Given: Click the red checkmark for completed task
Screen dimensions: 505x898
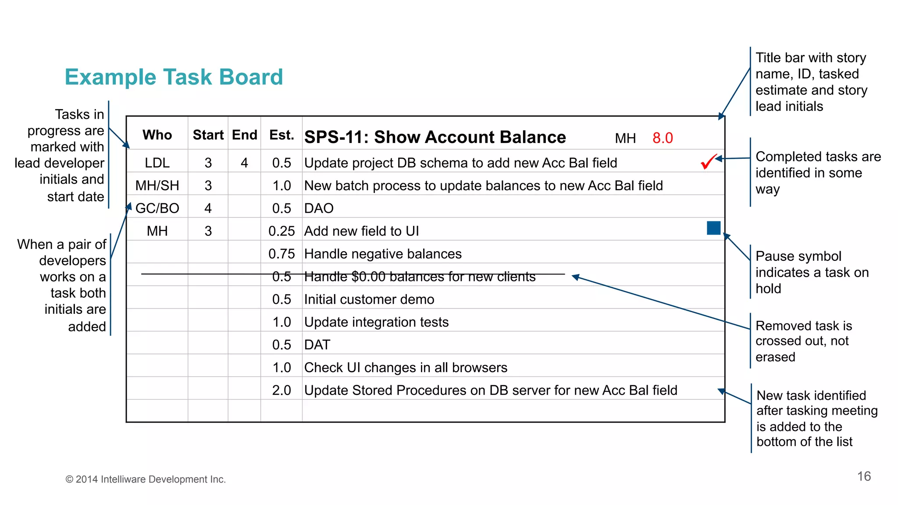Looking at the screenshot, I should [x=708, y=161].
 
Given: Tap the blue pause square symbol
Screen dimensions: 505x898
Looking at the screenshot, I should [x=713, y=228].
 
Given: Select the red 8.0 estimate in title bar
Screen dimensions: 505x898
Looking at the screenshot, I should [x=662, y=138].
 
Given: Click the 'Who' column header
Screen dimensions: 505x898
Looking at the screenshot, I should [x=157, y=135].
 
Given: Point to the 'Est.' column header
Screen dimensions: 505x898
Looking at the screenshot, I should [x=282, y=135].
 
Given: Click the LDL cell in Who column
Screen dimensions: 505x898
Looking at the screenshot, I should [x=157, y=163].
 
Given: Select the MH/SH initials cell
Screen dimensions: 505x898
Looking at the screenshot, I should [x=157, y=186].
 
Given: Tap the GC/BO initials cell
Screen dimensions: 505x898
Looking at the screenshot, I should [x=157, y=208].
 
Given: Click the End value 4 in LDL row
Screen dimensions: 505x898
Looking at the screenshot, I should [x=244, y=163].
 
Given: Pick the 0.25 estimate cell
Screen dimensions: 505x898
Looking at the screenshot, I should [x=282, y=231].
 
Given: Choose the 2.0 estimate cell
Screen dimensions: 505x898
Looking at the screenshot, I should [x=282, y=390].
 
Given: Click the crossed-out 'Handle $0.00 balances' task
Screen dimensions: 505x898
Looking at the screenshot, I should [x=420, y=277].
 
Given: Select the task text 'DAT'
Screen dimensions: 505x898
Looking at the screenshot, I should [x=317, y=345].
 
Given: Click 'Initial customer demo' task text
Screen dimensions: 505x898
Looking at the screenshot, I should [x=369, y=299].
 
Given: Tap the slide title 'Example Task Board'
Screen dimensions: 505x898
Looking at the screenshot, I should [x=174, y=77].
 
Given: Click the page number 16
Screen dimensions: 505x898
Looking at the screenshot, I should [x=864, y=477].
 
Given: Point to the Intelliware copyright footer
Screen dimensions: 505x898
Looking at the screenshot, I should [x=146, y=480].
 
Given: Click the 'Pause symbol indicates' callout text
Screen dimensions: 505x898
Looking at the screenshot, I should [x=811, y=272].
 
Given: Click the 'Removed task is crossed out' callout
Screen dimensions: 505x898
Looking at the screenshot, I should [x=803, y=341].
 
